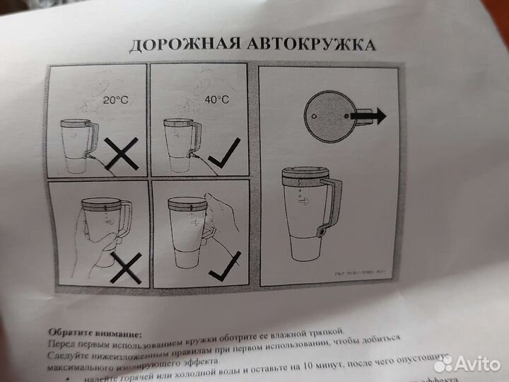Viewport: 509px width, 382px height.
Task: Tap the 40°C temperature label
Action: [x=217, y=100]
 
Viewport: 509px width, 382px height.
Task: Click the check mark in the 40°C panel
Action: [x=226, y=152]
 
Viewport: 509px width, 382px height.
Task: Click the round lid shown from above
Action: [x=329, y=114]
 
